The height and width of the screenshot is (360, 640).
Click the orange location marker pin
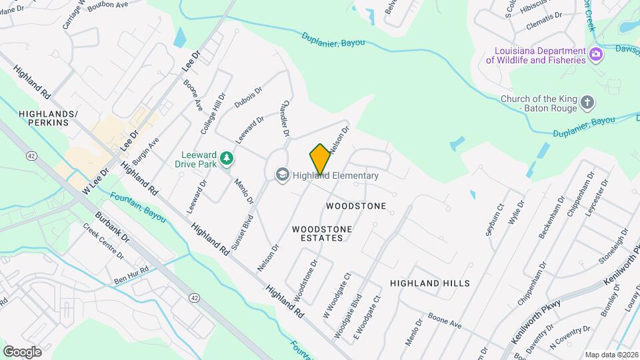[x=320, y=159]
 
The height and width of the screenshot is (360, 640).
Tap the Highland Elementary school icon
[x=281, y=175]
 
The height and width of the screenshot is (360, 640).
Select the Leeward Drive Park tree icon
[x=227, y=158]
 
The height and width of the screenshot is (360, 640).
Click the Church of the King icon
[x=587, y=103]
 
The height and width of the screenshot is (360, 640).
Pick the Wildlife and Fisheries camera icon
[x=596, y=54]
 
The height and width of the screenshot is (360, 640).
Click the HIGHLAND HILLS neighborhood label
[x=430, y=283]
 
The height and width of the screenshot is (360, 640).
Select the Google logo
[x=22, y=351]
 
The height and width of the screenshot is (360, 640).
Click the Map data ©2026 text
[x=611, y=355]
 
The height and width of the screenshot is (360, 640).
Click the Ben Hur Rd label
[x=131, y=274]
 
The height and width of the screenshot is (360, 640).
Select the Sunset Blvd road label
[x=242, y=233]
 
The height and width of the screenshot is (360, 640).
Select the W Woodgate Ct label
[x=337, y=294]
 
